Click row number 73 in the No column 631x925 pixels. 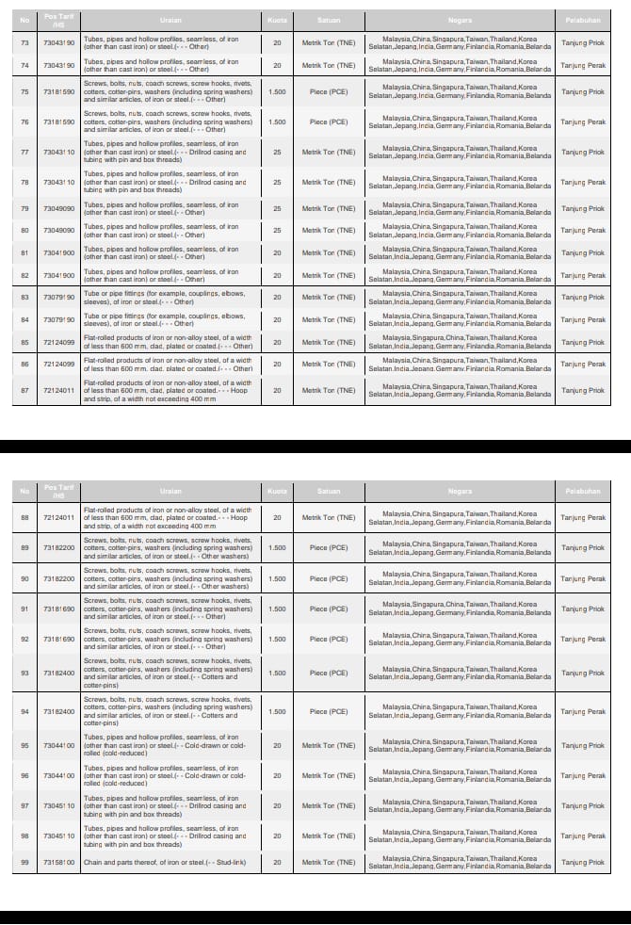click(24, 43)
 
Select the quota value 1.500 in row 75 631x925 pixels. click(277, 91)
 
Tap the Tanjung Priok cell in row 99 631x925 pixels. click(583, 862)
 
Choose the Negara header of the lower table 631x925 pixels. click(460, 491)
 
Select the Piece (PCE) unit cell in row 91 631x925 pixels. click(329, 609)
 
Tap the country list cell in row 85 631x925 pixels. click(460, 342)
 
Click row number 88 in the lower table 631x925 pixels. click(24, 517)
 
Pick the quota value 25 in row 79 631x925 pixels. click(277, 208)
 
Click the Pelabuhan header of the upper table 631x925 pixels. click(583, 19)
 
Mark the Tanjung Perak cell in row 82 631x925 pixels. click(583, 275)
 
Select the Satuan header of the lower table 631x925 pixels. click(329, 491)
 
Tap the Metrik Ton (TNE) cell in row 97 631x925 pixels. click(329, 805)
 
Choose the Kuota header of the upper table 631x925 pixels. click(277, 19)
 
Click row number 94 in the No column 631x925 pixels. click(24, 711)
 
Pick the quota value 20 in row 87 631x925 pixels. click(277, 390)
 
